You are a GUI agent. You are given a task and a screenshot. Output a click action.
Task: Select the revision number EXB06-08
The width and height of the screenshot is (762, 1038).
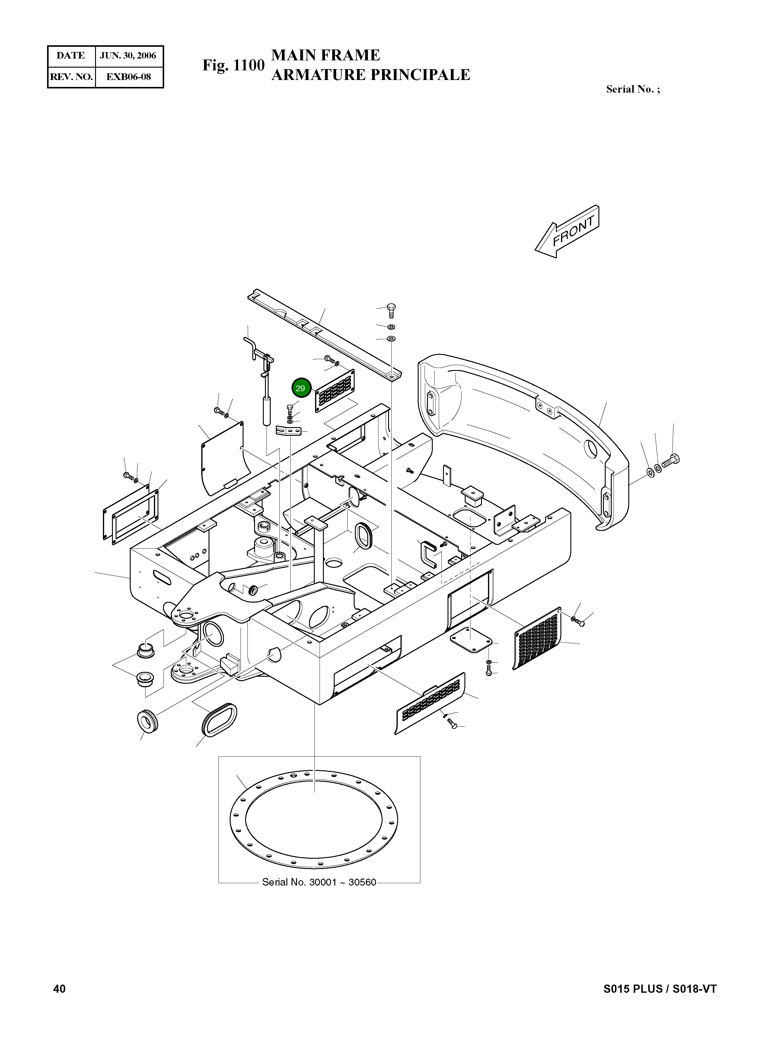click(x=128, y=77)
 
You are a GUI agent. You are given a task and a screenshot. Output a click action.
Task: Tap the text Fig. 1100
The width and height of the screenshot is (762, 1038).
click(x=233, y=65)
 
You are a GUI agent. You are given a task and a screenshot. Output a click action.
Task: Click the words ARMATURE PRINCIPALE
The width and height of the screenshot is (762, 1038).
click(x=370, y=75)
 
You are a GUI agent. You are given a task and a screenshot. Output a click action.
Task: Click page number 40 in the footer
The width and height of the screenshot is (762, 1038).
click(x=59, y=988)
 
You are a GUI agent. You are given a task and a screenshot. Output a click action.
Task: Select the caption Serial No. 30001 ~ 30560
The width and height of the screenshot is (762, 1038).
click(x=319, y=882)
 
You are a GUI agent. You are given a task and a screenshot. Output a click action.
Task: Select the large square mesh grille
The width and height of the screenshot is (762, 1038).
click(x=537, y=638)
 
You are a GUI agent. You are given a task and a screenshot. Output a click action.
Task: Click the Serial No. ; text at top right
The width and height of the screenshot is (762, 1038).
click(x=633, y=90)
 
